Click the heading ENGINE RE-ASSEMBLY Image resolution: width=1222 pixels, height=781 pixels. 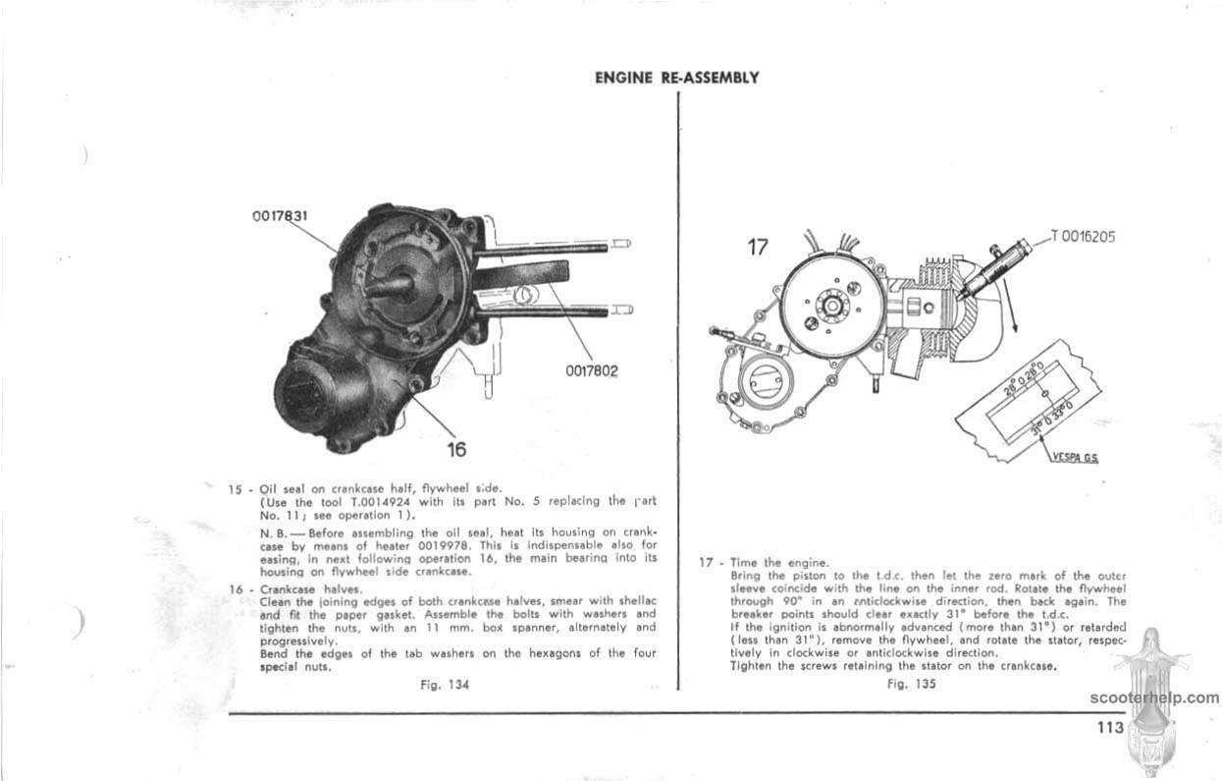(x=677, y=78)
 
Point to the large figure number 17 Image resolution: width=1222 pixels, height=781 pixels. (x=758, y=247)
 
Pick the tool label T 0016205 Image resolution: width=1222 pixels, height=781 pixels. (x=1083, y=236)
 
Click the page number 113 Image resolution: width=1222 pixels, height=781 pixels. (x=1110, y=728)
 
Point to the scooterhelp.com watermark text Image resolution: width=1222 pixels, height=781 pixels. (x=1153, y=698)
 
